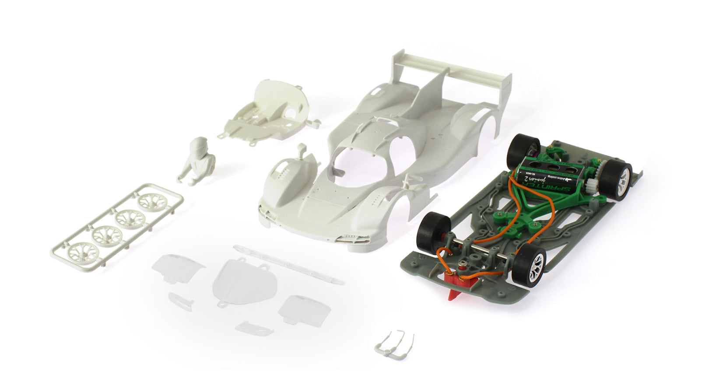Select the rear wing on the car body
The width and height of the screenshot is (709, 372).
click(x=451, y=74)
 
